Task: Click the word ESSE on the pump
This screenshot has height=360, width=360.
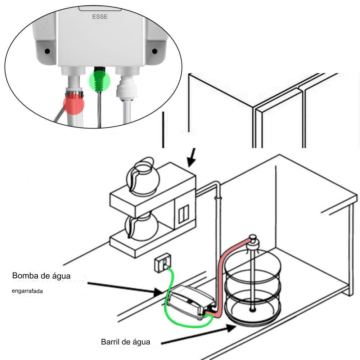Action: click(100, 16)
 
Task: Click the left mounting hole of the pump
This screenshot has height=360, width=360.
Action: click(47, 51)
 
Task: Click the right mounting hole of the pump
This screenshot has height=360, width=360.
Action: click(154, 51)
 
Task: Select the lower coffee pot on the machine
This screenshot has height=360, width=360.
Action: click(141, 227)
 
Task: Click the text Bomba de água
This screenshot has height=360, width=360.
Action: click(41, 276)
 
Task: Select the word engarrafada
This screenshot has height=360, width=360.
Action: click(27, 291)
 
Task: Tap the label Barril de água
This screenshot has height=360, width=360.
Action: click(125, 341)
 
